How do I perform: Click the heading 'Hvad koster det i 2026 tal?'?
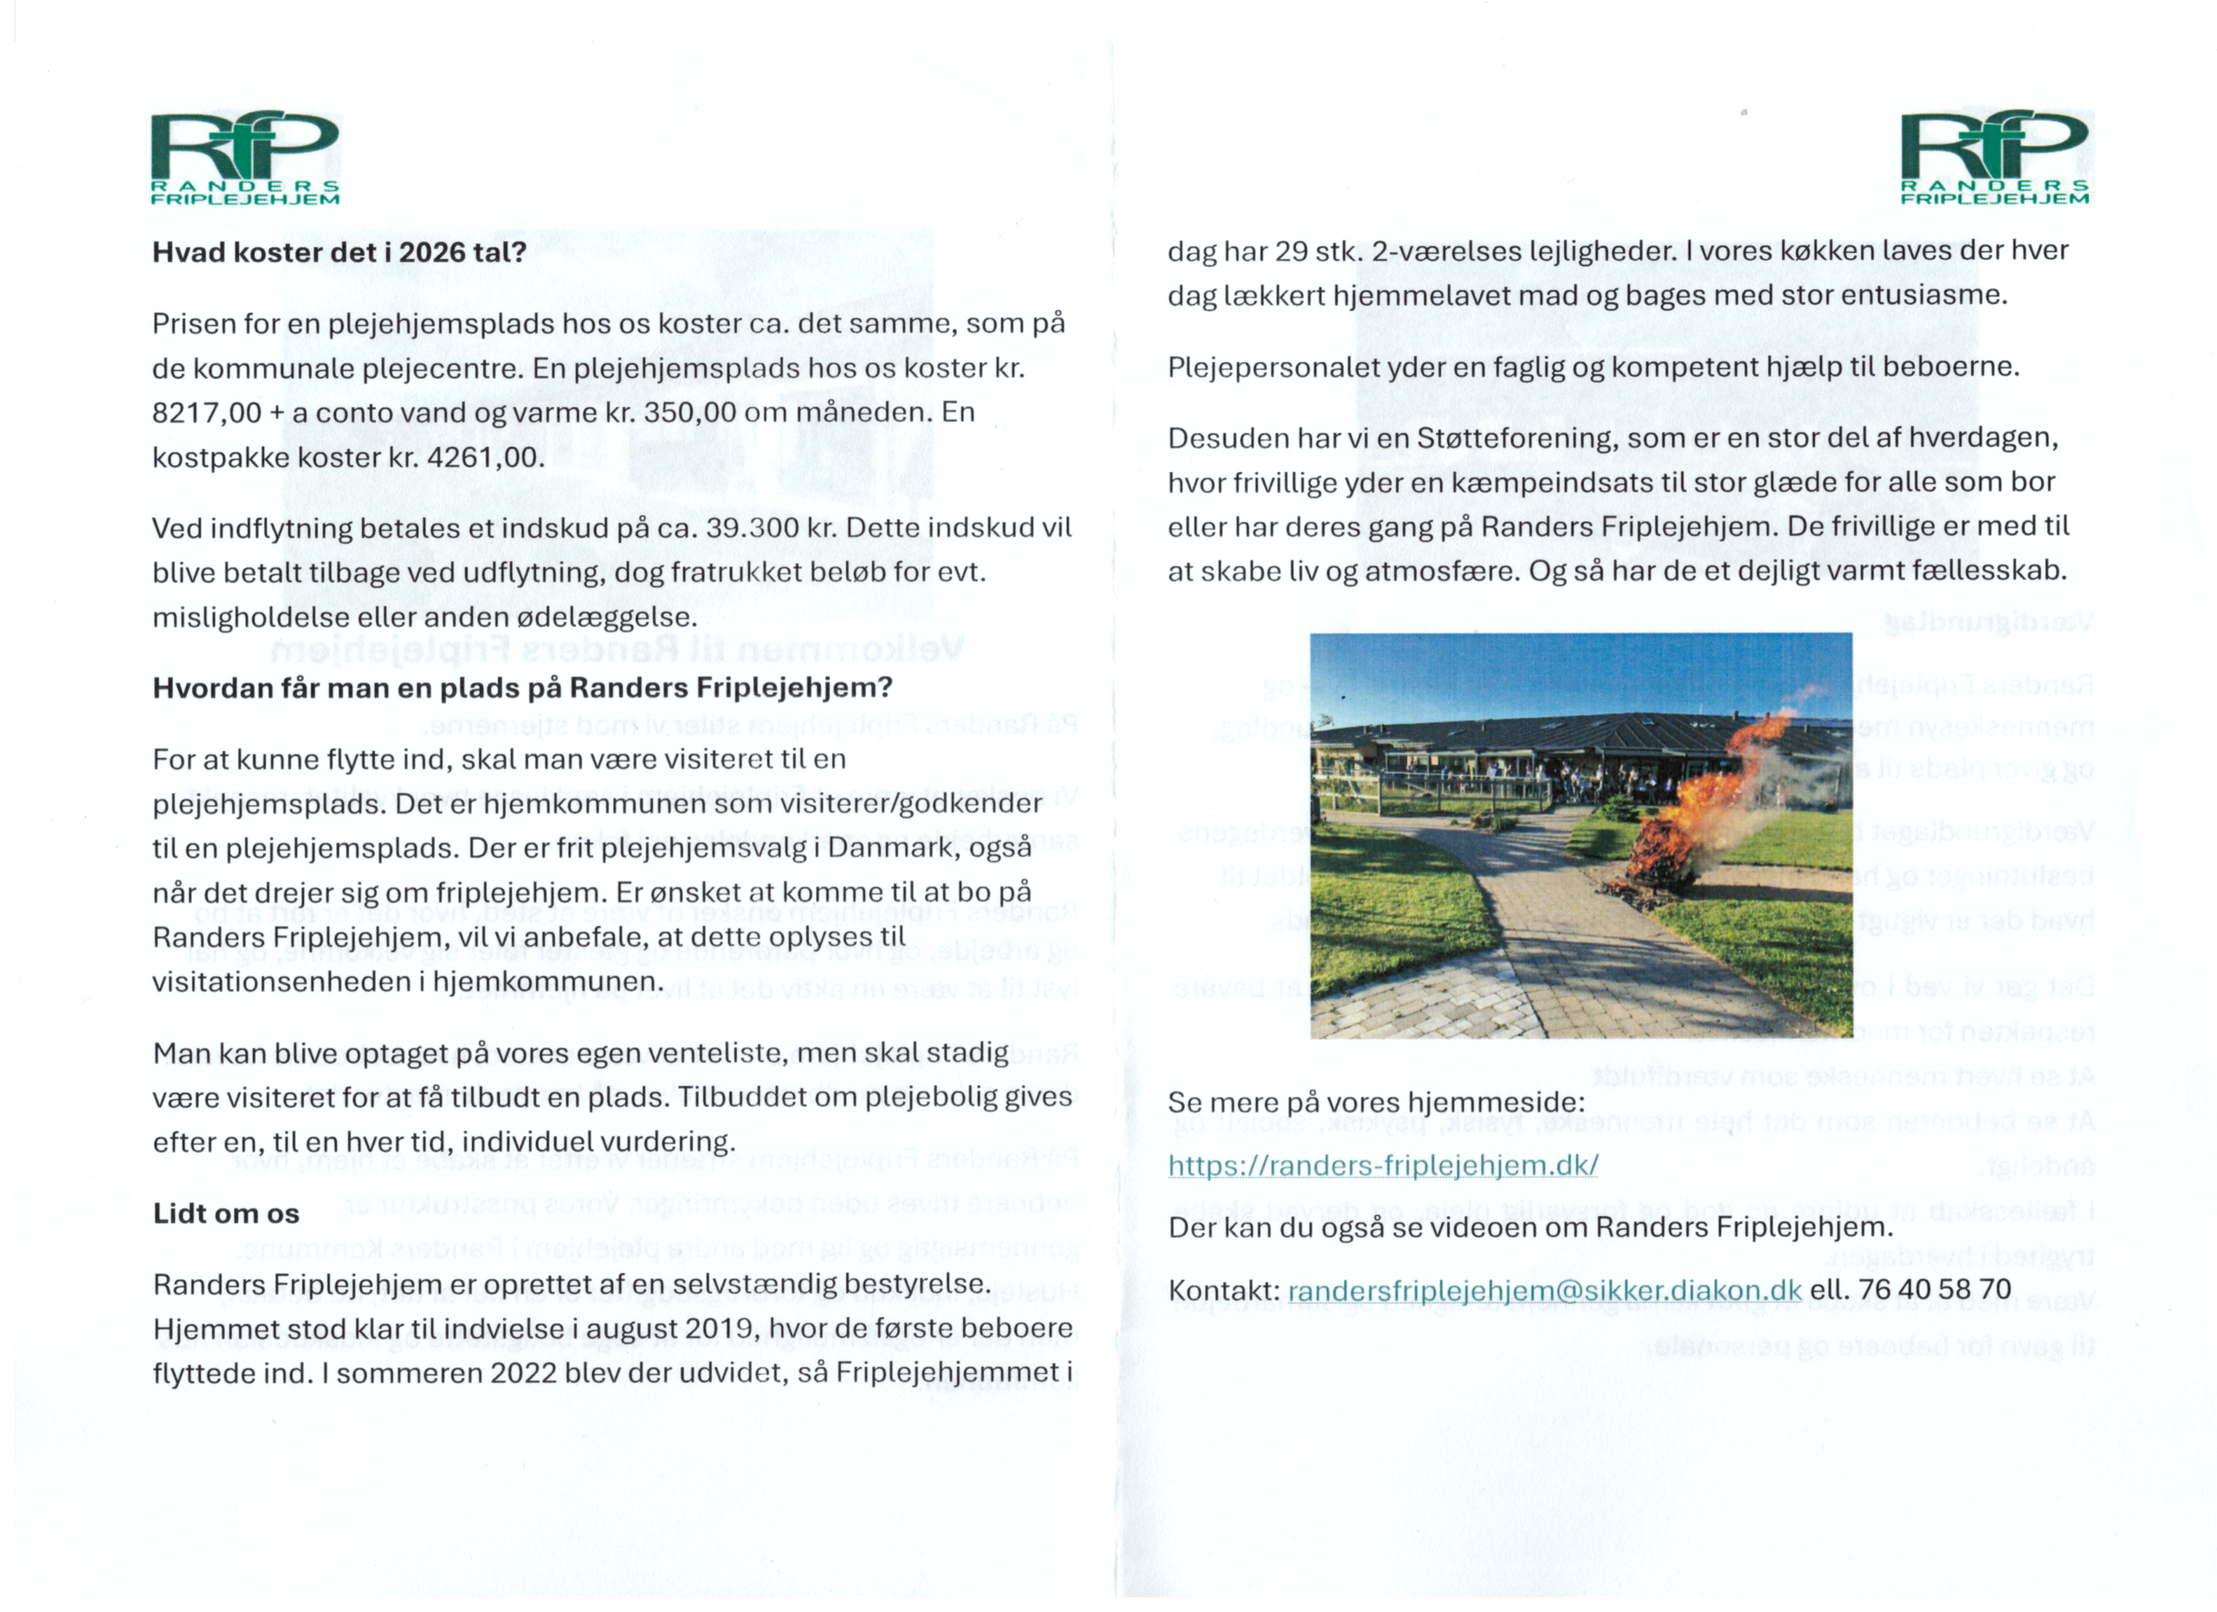(x=339, y=252)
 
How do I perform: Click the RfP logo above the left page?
(x=244, y=158)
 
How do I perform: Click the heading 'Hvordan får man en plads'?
(x=522, y=689)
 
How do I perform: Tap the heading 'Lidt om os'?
(x=226, y=1214)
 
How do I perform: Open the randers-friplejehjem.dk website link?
(x=1383, y=1165)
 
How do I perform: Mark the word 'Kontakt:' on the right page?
(x=1224, y=1292)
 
